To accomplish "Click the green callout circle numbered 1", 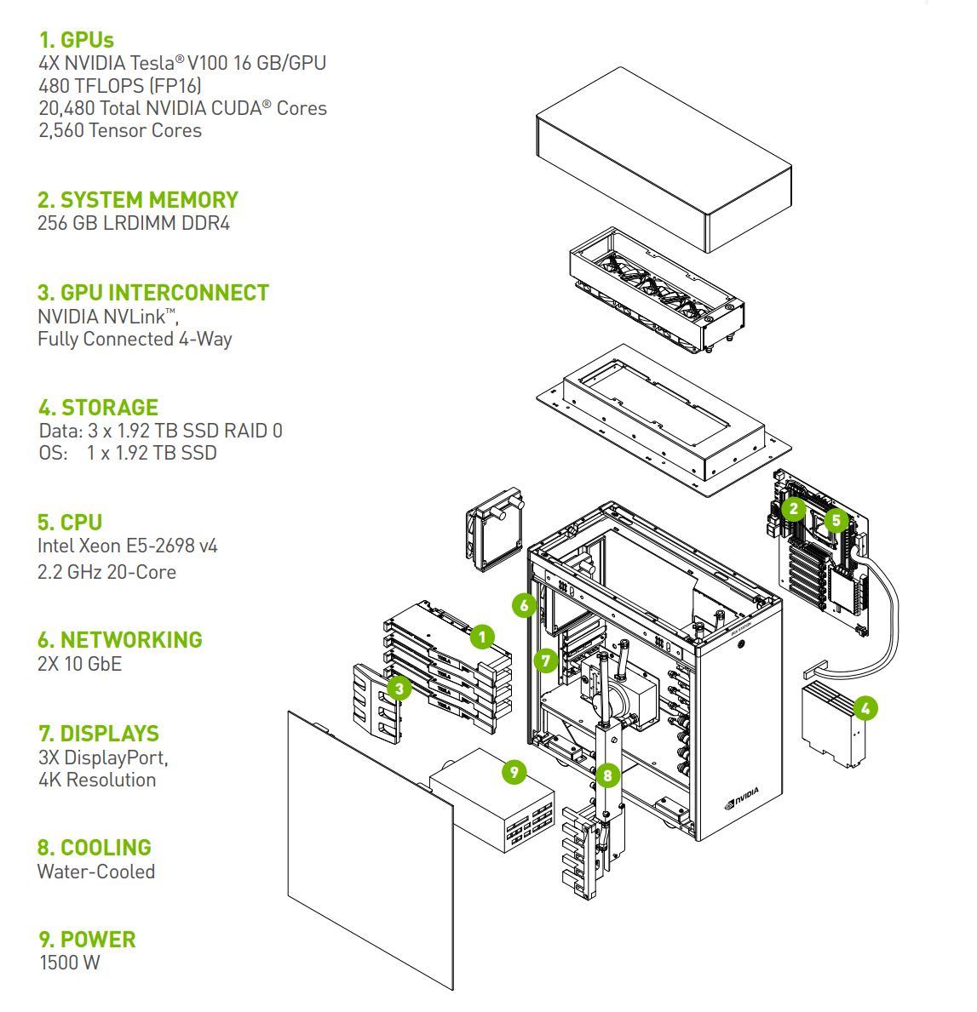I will coord(481,636).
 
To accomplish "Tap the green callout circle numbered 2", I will coord(794,509).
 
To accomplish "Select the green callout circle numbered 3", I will coord(398,688).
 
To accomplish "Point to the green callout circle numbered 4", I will coord(865,707).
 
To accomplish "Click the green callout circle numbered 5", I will coord(836,519).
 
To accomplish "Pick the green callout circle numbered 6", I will coord(525,605).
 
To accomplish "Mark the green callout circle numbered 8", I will coord(606,775).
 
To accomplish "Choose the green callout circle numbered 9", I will coord(514,772).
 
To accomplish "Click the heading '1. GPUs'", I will coord(77,40).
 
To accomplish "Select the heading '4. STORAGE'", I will coord(98,407).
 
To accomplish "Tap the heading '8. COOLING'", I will coord(95,848).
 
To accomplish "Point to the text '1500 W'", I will coord(70,963).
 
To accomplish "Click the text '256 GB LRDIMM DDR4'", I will coord(134,224).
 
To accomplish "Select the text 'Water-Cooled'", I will coord(96,872).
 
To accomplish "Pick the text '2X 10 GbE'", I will coord(80,664).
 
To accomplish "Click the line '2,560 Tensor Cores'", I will coord(120,130).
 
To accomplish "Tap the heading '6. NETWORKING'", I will coord(120,640).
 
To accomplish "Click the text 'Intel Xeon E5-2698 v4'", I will coord(128,546).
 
